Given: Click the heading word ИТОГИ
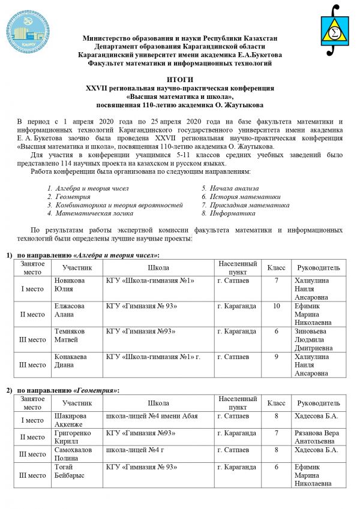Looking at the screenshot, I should (x=180, y=79).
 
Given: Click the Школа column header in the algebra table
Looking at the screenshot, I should (x=158, y=267).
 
